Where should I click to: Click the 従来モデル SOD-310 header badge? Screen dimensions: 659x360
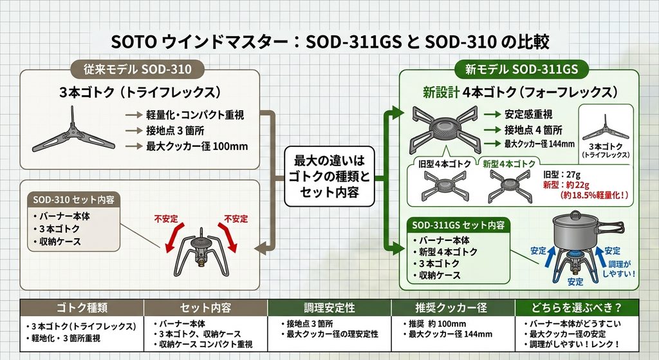coord(137,69)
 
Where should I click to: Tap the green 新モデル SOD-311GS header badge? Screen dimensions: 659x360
coord(521,69)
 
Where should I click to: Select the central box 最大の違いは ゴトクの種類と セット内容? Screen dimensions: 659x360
coord(329,176)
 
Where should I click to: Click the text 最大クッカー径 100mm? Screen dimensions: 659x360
coord(197,146)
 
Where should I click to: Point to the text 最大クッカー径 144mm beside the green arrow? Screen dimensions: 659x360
coord(539,144)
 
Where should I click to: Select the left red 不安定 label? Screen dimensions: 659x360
coord(165,219)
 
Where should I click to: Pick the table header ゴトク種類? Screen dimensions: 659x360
coord(82,308)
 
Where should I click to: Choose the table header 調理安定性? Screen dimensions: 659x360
coord(329,308)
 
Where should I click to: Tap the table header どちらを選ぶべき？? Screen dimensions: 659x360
coord(577,308)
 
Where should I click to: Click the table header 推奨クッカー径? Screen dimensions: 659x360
coord(451,308)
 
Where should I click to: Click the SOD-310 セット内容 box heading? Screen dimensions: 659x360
coord(73,200)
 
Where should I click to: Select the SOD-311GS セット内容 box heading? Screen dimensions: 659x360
coord(458,225)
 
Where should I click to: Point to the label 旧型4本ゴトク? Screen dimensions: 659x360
coord(445,164)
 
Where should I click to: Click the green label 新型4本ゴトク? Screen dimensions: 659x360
coord(509,164)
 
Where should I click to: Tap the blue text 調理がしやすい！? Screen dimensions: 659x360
coord(619,269)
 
